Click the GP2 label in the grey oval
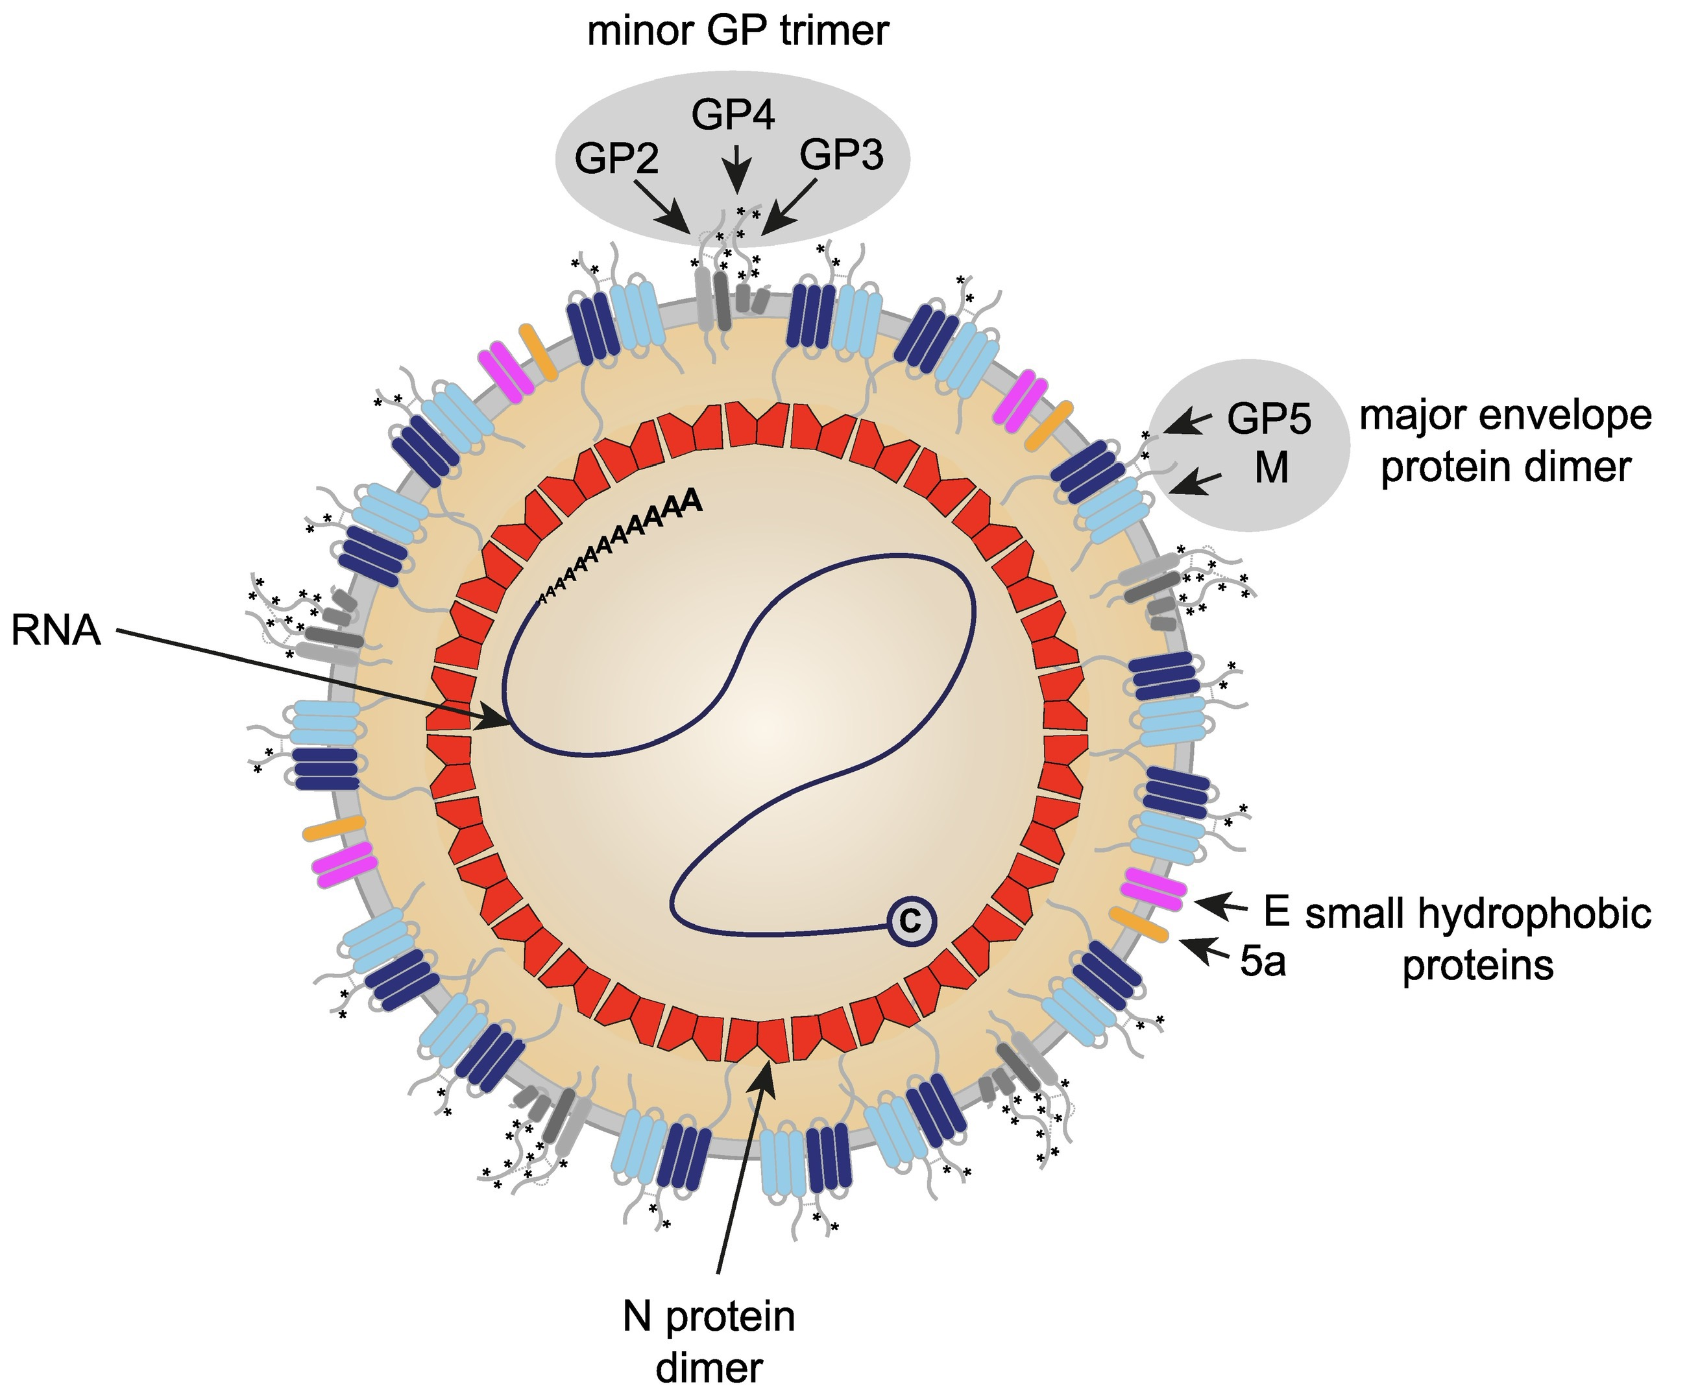point(616,159)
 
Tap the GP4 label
point(733,115)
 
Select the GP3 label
point(841,154)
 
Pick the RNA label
point(56,630)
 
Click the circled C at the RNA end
point(911,921)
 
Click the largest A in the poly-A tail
point(692,500)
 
